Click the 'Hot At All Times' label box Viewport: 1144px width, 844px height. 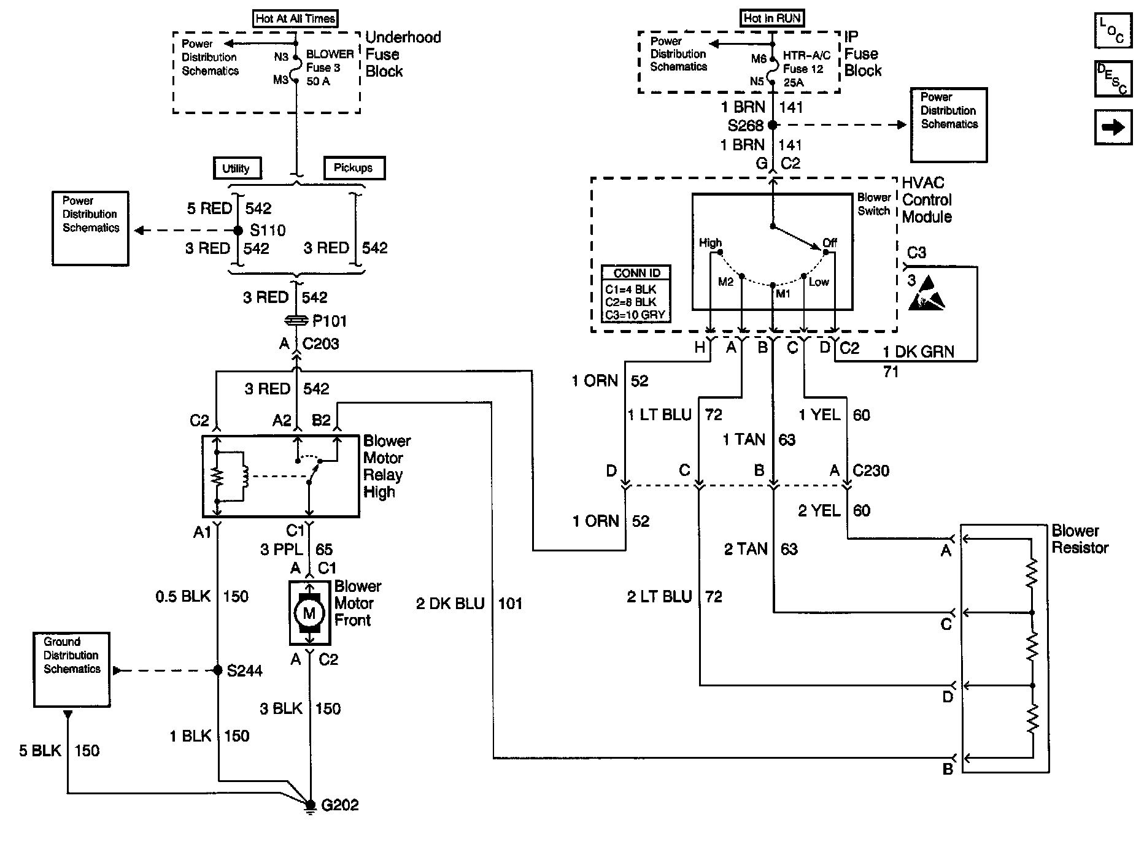pos(295,18)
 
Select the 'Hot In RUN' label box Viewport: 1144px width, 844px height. pos(772,18)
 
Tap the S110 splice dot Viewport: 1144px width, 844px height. pos(238,231)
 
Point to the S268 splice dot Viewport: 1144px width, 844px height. pos(773,125)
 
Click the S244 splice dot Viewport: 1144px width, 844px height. pos(217,670)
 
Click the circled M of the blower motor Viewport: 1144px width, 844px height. pos(309,613)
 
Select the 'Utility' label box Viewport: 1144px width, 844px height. pos(237,168)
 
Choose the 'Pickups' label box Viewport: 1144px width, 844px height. pos(354,168)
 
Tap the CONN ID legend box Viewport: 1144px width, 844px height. pos(636,294)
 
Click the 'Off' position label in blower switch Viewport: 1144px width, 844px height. pos(830,243)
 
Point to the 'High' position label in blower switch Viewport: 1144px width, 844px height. pos(711,243)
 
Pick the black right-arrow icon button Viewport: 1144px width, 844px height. pos(1113,127)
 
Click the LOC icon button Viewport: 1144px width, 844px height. pos(1113,31)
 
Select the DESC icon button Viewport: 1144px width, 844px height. pos(1113,79)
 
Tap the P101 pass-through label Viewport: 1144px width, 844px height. pos(330,321)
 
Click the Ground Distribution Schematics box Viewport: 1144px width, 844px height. pos(72,670)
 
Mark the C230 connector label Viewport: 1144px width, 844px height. pos(871,470)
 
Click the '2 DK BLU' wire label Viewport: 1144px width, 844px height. pos(450,604)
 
